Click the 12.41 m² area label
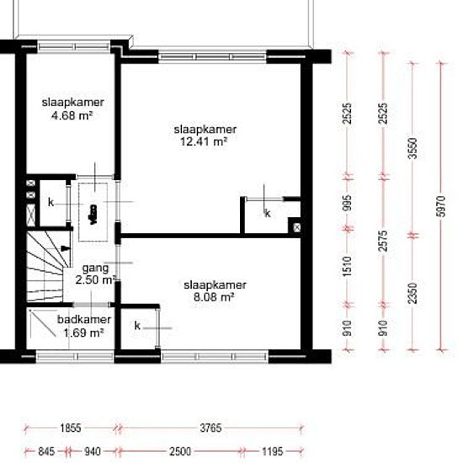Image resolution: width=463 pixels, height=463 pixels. coord(205,142)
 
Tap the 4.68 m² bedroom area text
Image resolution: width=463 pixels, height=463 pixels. coord(67,115)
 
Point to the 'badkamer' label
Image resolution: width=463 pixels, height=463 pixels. coord(81,320)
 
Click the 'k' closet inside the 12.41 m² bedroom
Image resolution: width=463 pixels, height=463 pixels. coord(268,214)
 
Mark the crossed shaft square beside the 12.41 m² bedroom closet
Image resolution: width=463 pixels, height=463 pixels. coord(295,226)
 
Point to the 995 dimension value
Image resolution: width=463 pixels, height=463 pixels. coord(348,203)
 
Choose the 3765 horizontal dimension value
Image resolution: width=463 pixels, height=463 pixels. coord(210,428)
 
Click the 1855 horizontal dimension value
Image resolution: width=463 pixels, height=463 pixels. coord(71,428)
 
